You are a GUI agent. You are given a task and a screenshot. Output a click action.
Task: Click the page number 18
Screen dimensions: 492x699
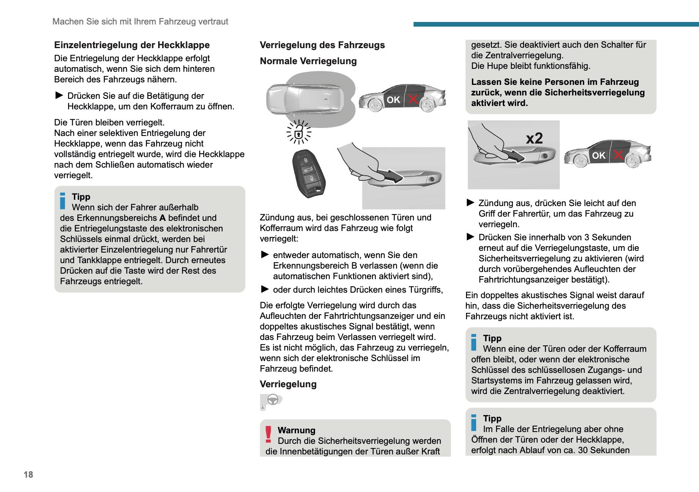pos(28,474)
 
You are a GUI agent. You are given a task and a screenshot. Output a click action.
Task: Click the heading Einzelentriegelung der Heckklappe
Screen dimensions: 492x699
pos(132,45)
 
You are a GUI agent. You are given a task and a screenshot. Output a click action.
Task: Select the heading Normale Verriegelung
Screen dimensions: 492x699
pos(308,61)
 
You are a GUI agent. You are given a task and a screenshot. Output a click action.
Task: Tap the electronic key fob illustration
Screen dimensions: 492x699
pos(309,173)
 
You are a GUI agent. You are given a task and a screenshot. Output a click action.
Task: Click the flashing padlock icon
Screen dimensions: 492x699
pos(299,133)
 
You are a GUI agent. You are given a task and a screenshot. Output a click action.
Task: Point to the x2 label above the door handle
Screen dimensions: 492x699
pos(534,139)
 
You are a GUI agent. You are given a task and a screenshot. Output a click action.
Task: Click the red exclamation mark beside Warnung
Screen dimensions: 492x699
pos(268,434)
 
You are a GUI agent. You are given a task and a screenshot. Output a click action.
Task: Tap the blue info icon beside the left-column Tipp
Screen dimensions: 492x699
pos(63,201)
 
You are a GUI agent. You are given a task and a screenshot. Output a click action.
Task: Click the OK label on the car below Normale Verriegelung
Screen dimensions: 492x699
pos(393,100)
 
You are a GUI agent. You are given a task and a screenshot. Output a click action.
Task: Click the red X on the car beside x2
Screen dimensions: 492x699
pos(618,155)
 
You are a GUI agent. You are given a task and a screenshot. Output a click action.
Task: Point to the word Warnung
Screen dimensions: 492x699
pos(296,430)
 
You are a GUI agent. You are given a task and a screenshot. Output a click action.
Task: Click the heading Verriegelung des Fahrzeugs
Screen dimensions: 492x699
pos(322,45)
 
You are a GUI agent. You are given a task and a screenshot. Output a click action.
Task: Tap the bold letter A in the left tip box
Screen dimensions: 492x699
pos(162,218)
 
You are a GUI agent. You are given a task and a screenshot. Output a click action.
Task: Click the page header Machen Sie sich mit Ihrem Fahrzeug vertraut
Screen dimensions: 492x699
pos(140,22)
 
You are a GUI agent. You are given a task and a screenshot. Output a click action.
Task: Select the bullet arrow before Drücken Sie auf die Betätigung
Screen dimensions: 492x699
pos(59,95)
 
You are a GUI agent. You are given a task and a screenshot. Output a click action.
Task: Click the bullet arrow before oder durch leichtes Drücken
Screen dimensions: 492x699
pos(265,289)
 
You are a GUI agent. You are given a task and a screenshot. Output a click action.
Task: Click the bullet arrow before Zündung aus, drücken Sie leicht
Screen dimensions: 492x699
pos(470,203)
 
